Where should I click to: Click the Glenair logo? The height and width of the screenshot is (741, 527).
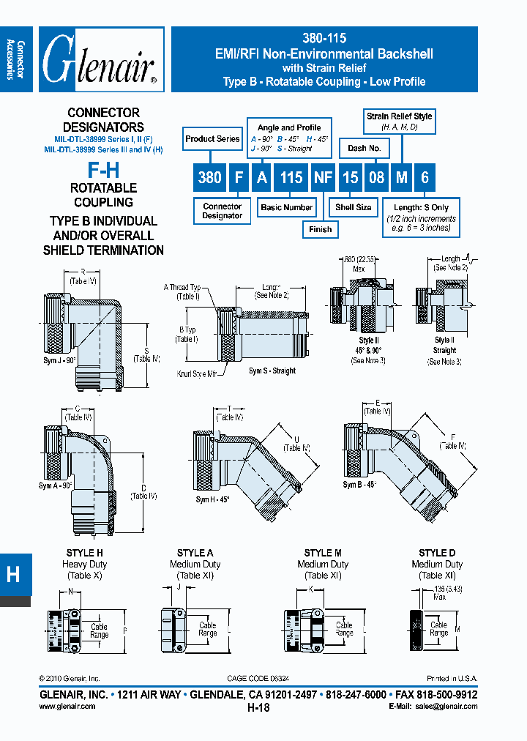(x=100, y=60)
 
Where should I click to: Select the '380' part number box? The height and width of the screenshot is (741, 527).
(x=210, y=178)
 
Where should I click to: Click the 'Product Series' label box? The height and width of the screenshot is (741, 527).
(x=212, y=139)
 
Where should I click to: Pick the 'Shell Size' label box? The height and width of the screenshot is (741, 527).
(x=354, y=207)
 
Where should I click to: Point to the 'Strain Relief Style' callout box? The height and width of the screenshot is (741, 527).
(x=399, y=121)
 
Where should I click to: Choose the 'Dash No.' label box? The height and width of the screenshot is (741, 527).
(x=364, y=148)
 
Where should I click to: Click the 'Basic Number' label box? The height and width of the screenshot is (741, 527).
(x=286, y=207)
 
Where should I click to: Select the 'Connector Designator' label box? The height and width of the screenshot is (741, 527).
(x=222, y=211)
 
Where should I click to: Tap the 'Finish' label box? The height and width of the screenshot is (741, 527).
(x=320, y=229)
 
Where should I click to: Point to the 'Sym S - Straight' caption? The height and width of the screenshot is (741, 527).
(x=272, y=371)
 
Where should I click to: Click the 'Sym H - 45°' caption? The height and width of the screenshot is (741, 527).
(x=212, y=499)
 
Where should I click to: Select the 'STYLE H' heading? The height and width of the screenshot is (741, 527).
(x=85, y=553)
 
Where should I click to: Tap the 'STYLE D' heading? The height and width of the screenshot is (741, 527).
(x=437, y=553)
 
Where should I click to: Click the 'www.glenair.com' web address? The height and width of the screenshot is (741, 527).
(x=67, y=707)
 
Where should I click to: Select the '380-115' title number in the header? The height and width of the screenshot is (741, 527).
(x=324, y=39)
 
